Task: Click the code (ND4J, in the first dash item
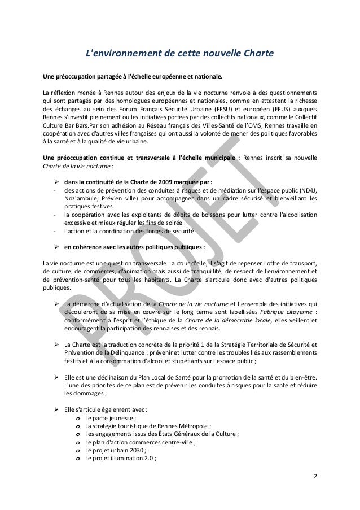(x=305, y=189)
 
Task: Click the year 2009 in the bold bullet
(x=164, y=181)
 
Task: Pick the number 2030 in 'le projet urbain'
(x=136, y=450)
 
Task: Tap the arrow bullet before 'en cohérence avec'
(x=56, y=246)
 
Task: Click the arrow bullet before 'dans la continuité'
(x=56, y=181)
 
